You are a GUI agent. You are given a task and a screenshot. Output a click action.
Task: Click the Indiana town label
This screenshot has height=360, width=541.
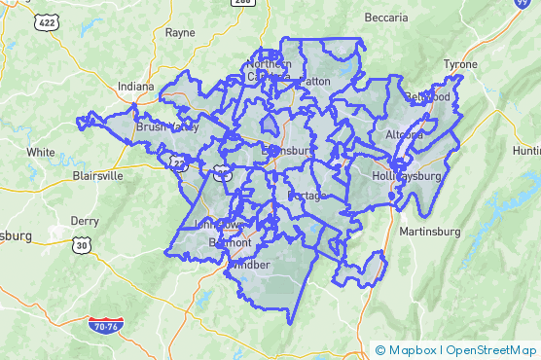(x=136, y=87)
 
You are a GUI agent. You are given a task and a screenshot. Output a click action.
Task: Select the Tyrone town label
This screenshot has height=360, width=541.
(x=460, y=64)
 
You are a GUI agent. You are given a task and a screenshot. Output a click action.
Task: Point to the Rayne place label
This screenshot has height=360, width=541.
(x=180, y=32)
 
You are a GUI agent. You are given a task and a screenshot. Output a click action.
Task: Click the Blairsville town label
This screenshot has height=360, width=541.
(x=98, y=176)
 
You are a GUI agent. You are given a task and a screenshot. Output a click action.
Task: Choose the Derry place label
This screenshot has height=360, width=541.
(x=85, y=221)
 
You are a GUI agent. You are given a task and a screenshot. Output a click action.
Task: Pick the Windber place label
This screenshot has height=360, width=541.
(x=249, y=264)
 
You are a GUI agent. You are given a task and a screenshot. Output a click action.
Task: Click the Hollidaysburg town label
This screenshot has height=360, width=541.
(x=407, y=176)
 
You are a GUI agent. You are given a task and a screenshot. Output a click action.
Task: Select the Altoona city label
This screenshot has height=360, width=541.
(x=405, y=134)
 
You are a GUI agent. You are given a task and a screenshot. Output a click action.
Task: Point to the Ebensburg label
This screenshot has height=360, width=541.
(x=286, y=151)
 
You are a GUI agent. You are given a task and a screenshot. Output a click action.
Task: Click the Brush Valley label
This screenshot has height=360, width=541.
(x=167, y=126)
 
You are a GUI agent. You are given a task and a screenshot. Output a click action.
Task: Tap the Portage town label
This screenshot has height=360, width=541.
(x=307, y=196)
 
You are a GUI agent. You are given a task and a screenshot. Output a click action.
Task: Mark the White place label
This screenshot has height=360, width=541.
(x=41, y=152)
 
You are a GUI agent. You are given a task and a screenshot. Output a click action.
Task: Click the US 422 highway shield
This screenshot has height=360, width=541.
(x=44, y=20)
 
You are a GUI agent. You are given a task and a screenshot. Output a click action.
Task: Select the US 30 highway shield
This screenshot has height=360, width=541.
(x=81, y=246)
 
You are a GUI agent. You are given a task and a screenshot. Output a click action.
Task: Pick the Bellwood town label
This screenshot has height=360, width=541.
(x=429, y=97)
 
